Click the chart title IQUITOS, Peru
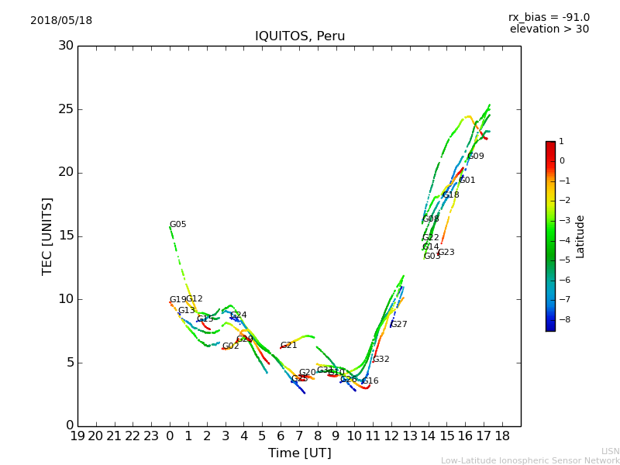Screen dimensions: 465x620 pyautogui.click(x=300, y=36)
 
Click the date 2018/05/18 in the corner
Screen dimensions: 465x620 pyautogui.click(x=61, y=21)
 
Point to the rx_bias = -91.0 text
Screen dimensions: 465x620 pyautogui.click(x=549, y=18)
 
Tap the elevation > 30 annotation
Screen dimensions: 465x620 pyautogui.click(x=549, y=29)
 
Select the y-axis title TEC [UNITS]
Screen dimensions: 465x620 pyautogui.click(x=47, y=236)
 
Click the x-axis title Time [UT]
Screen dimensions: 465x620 pyautogui.click(x=299, y=453)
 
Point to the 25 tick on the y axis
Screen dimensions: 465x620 pyautogui.click(x=66, y=109)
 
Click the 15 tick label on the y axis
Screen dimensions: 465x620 pyautogui.click(x=66, y=236)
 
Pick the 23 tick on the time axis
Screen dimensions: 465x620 pyautogui.click(x=151, y=436)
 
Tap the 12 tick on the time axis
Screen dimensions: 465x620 pyautogui.click(x=391, y=436)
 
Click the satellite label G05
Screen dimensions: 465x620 pyautogui.click(x=178, y=225)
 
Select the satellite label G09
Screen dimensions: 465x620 pyautogui.click(x=476, y=157)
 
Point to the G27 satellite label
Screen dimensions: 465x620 pyautogui.click(x=399, y=325)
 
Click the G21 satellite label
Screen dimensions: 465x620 pyautogui.click(x=289, y=346)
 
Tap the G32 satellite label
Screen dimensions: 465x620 pyautogui.click(x=381, y=360)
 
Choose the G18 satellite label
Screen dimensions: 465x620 pyautogui.click(x=451, y=195)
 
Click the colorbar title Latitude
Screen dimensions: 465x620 pyautogui.click(x=580, y=236)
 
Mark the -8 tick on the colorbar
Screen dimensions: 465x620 pyautogui.click(x=562, y=319)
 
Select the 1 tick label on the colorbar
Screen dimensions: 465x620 pyautogui.click(x=561, y=142)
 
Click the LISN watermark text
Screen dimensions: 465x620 pyautogui.click(x=610, y=451)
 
